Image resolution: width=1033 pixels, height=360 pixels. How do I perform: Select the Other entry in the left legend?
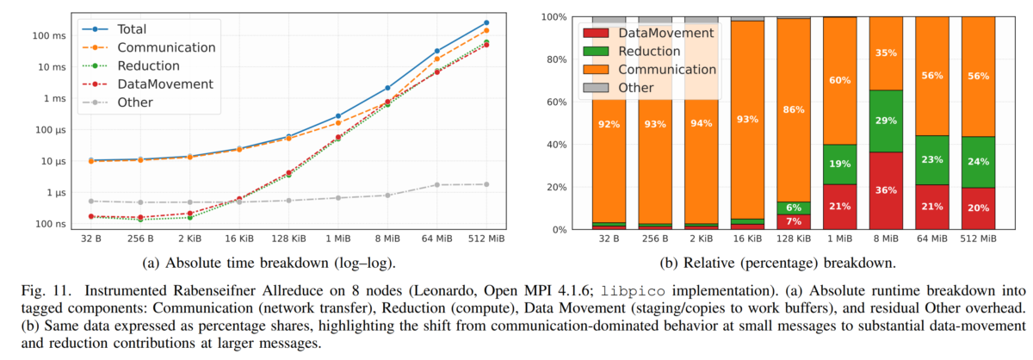pos(135,102)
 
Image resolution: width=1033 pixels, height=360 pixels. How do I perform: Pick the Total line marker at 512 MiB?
pos(486,22)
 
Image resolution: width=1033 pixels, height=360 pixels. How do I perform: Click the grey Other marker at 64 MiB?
pos(436,185)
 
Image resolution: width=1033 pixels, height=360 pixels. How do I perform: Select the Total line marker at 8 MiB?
pos(387,88)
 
